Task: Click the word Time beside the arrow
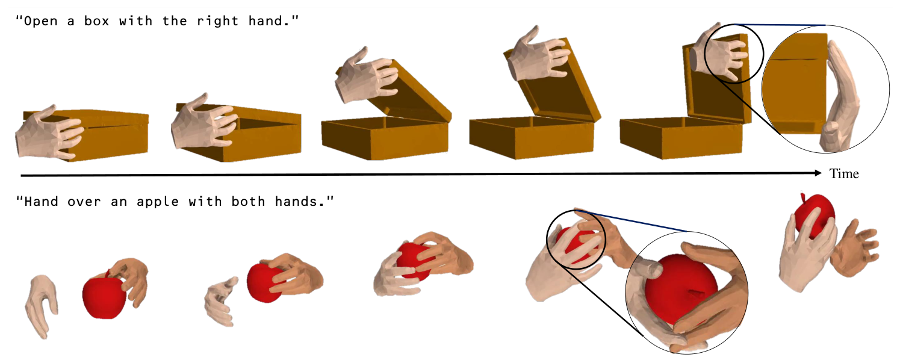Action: click(x=844, y=174)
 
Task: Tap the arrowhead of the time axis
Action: click(x=818, y=173)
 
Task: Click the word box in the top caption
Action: click(x=97, y=21)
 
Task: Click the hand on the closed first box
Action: click(x=48, y=132)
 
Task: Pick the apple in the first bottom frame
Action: click(x=104, y=296)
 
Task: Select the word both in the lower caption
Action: click(x=249, y=201)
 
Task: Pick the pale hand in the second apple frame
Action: click(x=220, y=301)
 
